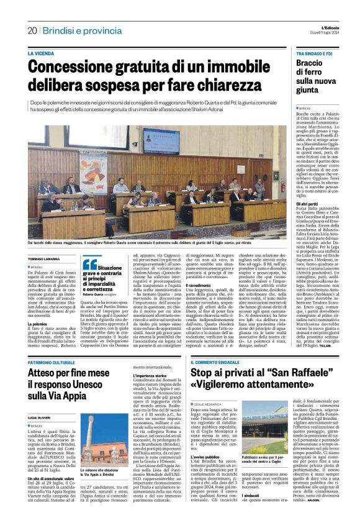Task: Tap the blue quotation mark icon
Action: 90,263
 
